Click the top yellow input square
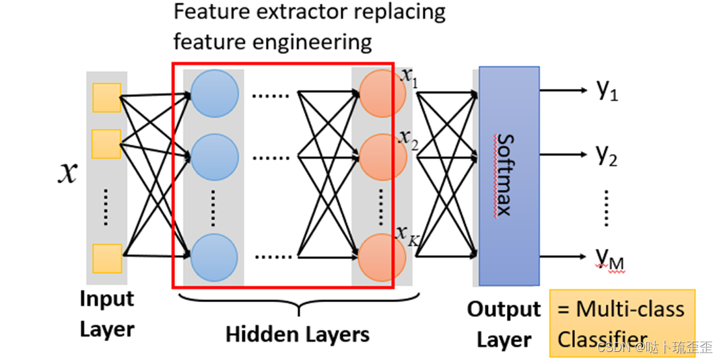(106, 98)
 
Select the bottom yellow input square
(107, 258)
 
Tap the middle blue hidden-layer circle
(215, 157)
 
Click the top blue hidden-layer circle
(215, 93)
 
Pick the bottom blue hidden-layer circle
(214, 258)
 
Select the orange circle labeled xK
(382, 258)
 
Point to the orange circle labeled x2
(382, 157)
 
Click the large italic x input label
(67, 174)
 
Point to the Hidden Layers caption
(298, 334)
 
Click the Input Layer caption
(107, 314)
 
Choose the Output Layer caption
(504, 325)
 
